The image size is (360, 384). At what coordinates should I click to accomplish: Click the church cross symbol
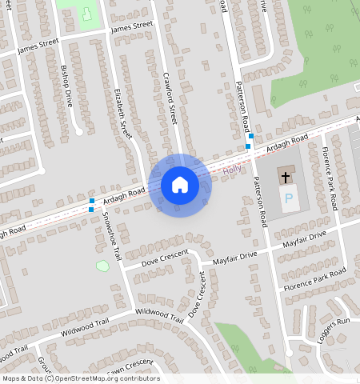286,175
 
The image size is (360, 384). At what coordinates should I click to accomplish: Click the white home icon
180,186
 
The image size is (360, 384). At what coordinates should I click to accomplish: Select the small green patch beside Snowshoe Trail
102,265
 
